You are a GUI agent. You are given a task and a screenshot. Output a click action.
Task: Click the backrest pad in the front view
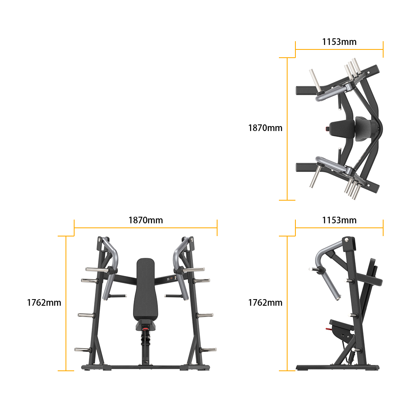point(145,288)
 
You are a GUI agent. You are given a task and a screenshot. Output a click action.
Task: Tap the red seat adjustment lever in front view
point(145,328)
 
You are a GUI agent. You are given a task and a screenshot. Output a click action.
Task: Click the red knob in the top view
point(328,129)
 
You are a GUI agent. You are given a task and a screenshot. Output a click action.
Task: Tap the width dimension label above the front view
point(145,220)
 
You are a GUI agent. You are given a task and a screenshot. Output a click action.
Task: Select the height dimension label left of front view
point(44,302)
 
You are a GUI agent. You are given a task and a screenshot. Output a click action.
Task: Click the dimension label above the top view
point(339,42)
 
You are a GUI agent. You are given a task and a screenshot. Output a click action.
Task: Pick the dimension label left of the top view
point(265,128)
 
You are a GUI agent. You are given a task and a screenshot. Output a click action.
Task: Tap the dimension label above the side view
point(339,220)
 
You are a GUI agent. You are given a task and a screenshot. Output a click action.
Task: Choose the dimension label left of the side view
point(265,302)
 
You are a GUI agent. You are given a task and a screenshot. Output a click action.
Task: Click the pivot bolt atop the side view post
point(347,239)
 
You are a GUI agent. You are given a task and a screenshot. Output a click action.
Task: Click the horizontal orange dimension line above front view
point(145,227)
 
